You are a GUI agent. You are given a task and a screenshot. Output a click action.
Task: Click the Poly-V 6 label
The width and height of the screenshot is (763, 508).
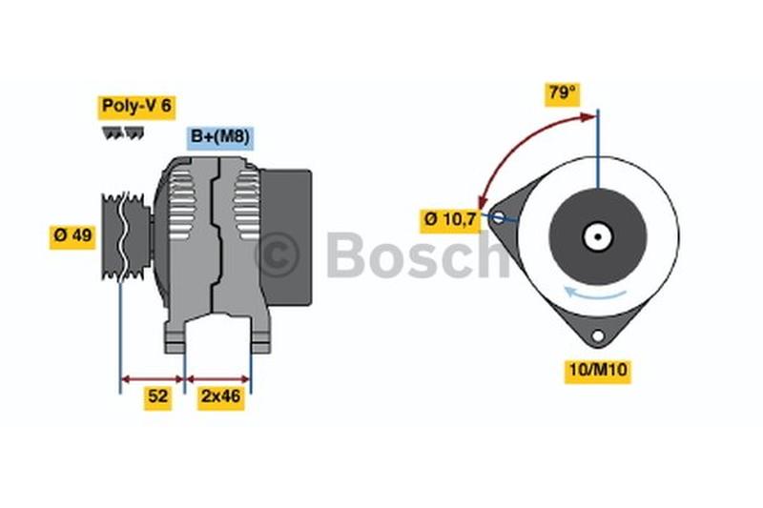click(136, 107)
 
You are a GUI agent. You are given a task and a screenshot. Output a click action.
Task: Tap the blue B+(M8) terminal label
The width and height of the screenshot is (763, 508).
click(220, 137)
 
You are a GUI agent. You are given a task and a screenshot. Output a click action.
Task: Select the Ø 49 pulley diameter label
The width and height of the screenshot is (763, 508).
click(72, 236)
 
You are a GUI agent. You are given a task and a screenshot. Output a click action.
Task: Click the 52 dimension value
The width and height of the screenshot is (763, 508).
click(157, 397)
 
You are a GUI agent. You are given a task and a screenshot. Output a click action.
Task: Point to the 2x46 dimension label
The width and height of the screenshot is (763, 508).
click(221, 397)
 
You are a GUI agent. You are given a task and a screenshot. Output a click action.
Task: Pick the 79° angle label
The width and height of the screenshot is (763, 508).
click(563, 93)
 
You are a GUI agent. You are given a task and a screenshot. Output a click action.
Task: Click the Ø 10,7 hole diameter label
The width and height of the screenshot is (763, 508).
click(450, 221)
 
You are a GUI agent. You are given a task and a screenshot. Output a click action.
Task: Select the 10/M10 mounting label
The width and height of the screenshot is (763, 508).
click(598, 372)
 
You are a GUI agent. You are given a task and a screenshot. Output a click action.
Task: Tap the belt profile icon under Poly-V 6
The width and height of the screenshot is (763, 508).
click(123, 132)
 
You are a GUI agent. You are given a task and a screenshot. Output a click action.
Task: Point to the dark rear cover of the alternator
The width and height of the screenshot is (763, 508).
click(286, 237)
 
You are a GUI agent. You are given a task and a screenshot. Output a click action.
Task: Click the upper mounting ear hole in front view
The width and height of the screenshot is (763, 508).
click(498, 217)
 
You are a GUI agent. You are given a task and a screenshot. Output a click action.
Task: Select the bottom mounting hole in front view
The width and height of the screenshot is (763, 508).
click(598, 335)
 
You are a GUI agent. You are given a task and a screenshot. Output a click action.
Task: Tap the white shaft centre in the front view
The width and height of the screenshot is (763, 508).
click(598, 237)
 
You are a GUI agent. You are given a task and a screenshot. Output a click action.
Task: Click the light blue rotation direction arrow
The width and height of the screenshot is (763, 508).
click(594, 294)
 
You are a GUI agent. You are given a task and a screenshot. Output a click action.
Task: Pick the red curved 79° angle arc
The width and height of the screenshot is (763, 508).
click(518, 144)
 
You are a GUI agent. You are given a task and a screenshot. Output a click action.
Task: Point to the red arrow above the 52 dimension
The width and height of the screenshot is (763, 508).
click(153, 379)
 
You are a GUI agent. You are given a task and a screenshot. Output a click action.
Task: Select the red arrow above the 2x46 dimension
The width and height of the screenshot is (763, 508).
click(218, 379)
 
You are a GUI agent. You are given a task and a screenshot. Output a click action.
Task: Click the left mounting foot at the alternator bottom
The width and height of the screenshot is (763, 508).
click(175, 338)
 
